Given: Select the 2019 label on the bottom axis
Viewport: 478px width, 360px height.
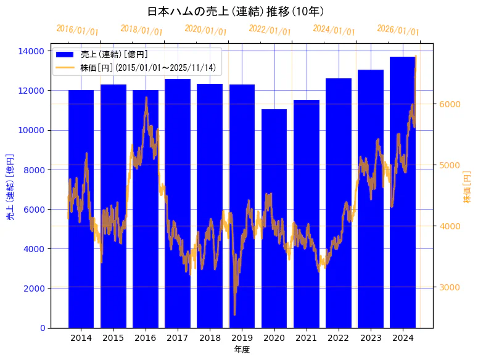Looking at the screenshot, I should [242, 338].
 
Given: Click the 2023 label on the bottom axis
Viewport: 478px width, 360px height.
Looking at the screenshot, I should [371, 338].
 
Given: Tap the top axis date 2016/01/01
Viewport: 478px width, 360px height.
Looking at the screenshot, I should [77, 30].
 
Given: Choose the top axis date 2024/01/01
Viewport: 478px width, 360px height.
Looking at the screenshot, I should [334, 30].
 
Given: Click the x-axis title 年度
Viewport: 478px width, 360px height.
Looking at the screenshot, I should [242, 350].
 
